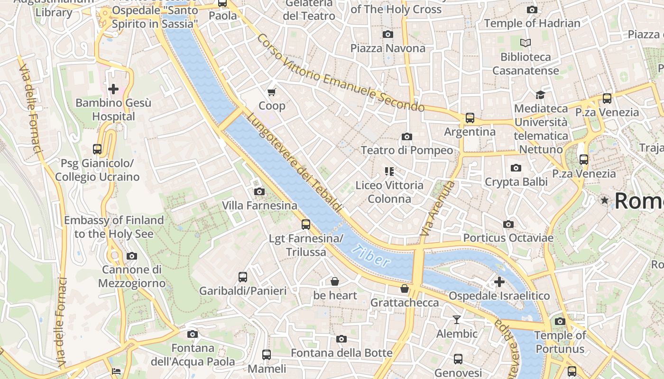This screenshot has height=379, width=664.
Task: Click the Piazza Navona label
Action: (x=387, y=48)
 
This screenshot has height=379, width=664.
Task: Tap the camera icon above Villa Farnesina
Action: (x=259, y=191)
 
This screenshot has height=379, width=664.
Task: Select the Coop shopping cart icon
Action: (x=272, y=92)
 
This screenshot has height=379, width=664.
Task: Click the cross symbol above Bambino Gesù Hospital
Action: (x=113, y=89)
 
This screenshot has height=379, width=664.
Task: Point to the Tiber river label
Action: (x=372, y=256)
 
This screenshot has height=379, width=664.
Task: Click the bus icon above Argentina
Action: (x=470, y=117)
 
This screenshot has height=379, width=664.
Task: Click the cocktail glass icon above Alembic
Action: (x=456, y=320)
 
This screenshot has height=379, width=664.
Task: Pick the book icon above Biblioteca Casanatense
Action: (x=525, y=43)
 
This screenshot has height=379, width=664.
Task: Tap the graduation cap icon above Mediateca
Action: (x=540, y=95)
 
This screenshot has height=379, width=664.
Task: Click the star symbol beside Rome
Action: (x=604, y=200)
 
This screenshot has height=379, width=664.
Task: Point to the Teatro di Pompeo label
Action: (x=406, y=150)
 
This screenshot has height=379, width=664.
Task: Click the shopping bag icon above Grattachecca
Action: (x=405, y=289)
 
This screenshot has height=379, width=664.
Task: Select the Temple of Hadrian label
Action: (x=532, y=23)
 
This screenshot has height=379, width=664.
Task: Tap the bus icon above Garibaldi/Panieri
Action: (x=242, y=277)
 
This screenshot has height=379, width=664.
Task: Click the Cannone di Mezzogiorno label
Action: (x=131, y=277)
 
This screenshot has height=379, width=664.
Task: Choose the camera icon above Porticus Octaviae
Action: (x=508, y=224)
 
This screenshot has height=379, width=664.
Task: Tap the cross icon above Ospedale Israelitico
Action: (x=499, y=282)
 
